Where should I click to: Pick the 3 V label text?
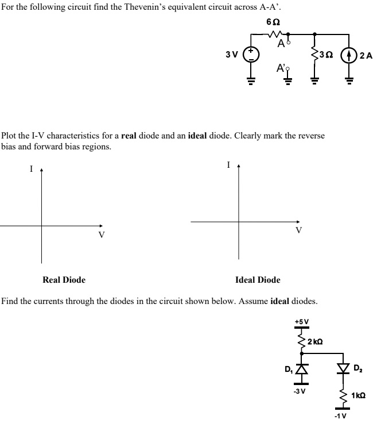coord(232,55)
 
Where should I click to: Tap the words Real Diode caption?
coord(64,280)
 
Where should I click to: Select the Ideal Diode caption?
coord(258,280)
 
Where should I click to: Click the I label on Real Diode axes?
coord(32,169)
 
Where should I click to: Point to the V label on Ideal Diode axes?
coord(298,230)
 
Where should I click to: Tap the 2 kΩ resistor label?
coord(315,342)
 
